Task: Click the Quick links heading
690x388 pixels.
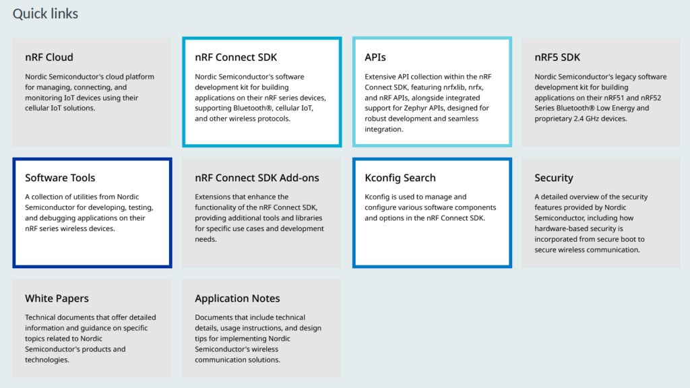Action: (45, 13)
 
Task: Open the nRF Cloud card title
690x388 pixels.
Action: (49, 57)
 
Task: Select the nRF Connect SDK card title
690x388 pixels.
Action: (236, 57)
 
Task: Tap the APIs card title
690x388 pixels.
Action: (375, 57)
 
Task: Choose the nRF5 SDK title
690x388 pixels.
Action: (557, 57)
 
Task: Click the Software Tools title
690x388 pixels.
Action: (60, 178)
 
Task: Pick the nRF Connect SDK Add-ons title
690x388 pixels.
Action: (257, 178)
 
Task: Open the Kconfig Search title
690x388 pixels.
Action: (400, 178)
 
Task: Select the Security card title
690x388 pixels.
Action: (554, 178)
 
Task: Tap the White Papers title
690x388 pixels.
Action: (57, 298)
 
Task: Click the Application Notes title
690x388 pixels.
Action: (237, 298)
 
